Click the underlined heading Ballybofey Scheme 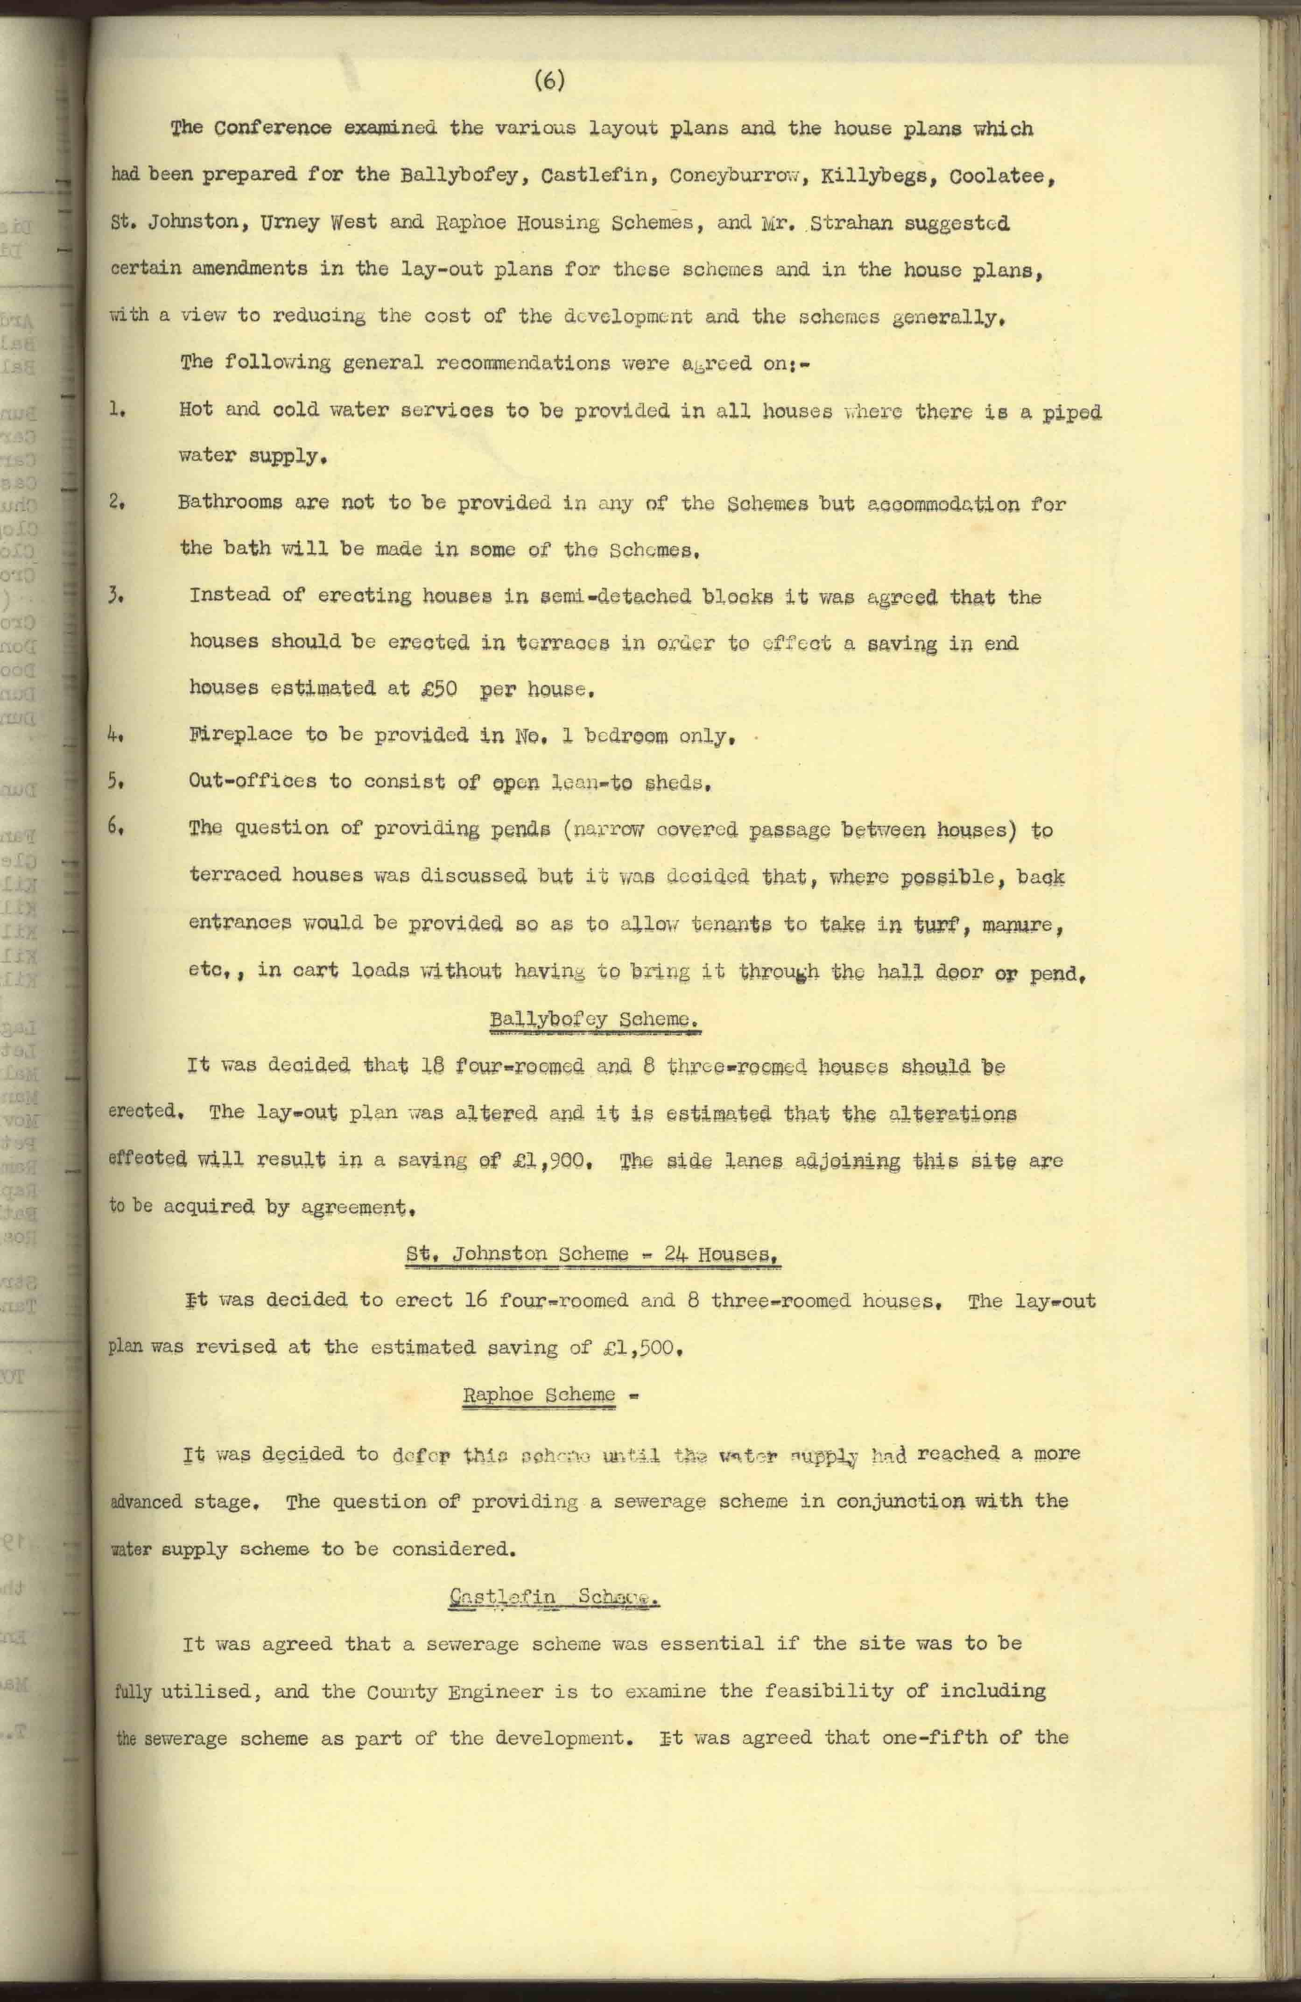point(595,1019)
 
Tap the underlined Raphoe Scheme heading point(539,1394)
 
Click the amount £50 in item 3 point(438,688)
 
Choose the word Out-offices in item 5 point(252,781)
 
